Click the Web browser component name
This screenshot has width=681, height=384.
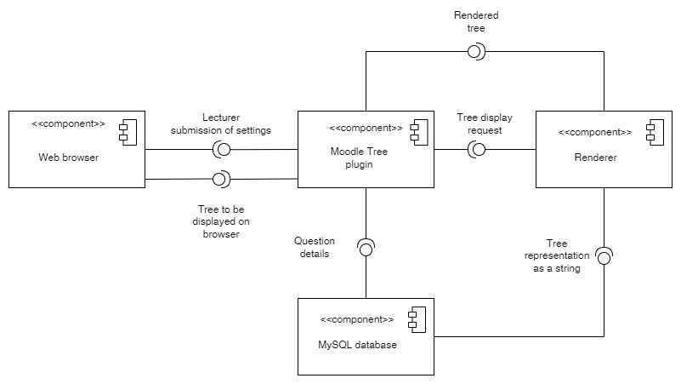pyautogui.click(x=68, y=158)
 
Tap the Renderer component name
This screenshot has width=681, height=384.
pyautogui.click(x=594, y=158)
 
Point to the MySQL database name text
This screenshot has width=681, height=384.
pyautogui.click(x=356, y=345)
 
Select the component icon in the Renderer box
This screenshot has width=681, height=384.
pyautogui.click(x=650, y=132)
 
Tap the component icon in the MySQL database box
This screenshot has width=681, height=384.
pyautogui.click(x=412, y=320)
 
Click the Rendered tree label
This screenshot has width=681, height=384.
pyautogui.click(x=477, y=20)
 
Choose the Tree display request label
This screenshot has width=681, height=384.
pyautogui.click(x=480, y=124)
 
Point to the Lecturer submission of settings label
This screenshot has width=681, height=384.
pyautogui.click(x=221, y=123)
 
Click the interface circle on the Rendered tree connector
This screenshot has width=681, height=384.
pyautogui.click(x=475, y=52)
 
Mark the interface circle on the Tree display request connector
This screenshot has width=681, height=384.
pyautogui.click(x=478, y=150)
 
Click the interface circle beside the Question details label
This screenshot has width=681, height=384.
pyautogui.click(x=366, y=249)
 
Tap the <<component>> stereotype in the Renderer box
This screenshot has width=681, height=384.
pyautogui.click(x=595, y=133)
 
